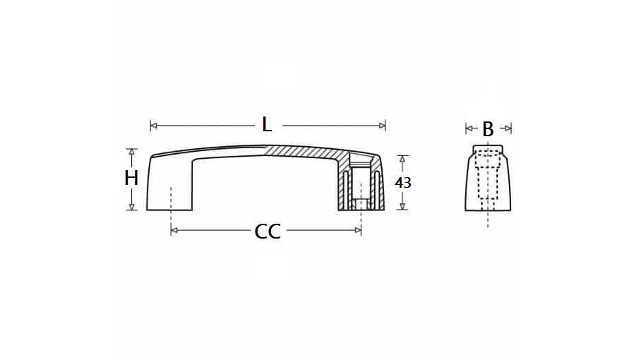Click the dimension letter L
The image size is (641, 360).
267,125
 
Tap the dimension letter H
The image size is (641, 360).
131,179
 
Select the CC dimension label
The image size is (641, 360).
268,232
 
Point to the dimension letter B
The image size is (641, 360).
488,129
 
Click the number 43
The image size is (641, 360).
403,182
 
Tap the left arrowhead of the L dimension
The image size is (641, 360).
153,126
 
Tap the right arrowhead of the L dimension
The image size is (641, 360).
383,126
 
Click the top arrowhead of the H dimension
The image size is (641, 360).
131,152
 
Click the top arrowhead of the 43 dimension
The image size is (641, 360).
402,159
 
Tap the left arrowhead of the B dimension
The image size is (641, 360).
468,128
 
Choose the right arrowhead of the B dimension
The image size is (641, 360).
508,128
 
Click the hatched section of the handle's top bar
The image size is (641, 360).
304,152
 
